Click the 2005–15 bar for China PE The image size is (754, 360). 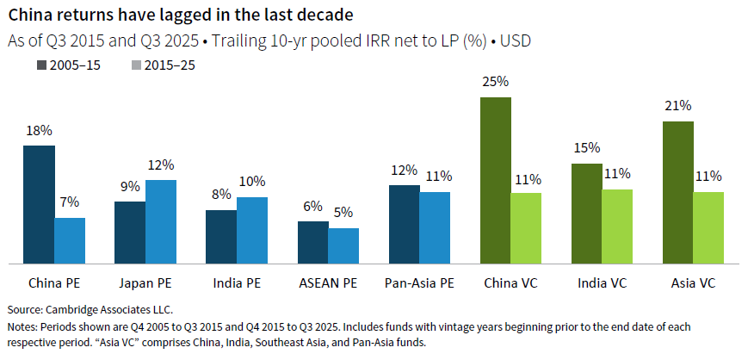point(39,204)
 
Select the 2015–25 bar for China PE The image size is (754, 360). point(70,240)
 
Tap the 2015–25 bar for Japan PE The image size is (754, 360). point(161,221)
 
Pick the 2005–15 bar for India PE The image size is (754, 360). point(221,236)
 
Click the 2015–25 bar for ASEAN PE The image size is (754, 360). point(343,245)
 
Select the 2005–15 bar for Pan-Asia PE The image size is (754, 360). point(404,224)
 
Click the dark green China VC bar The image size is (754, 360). point(496,180)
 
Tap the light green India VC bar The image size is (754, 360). point(617,227)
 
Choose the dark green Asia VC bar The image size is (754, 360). point(678,192)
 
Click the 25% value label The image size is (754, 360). point(496,82)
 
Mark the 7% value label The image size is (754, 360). point(70,202)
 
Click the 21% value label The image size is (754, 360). point(678,106)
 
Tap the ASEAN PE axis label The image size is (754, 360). point(328,282)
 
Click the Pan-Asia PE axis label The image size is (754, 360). point(419,282)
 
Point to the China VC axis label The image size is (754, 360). point(510,282)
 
